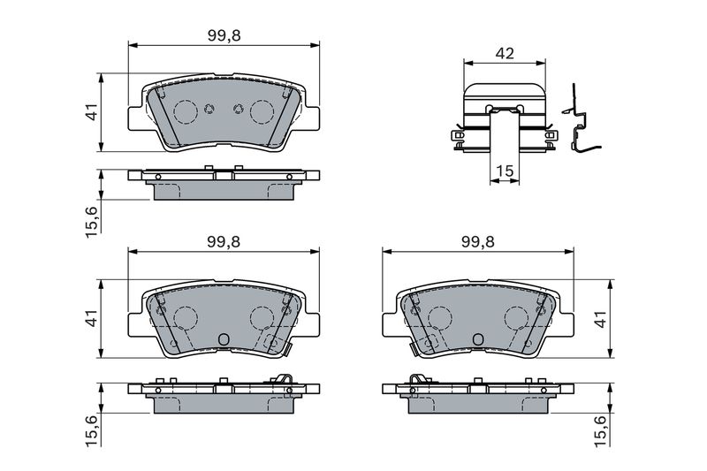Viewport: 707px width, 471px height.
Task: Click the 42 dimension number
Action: pos(504,53)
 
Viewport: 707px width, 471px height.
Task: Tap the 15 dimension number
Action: pos(505,171)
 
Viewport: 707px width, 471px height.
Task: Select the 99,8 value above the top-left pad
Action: pos(224,35)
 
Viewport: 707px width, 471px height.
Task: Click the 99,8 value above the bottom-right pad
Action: pos(477,242)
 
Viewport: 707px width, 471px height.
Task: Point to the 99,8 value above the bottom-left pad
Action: pos(224,242)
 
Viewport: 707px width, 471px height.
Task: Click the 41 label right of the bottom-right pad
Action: pos(602,319)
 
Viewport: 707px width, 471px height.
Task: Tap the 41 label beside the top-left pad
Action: pos(92,111)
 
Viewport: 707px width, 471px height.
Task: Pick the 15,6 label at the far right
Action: pos(602,431)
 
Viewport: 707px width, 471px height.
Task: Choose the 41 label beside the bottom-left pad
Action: pos(92,319)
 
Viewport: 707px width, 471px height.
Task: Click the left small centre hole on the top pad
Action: pos(209,109)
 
